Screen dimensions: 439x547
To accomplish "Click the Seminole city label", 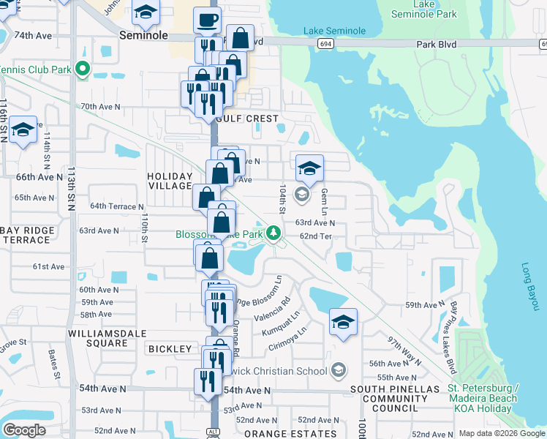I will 144,35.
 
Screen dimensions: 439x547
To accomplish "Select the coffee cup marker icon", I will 207,19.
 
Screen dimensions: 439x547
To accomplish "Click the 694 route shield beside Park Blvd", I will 324,45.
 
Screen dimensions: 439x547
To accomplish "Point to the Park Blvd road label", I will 437,45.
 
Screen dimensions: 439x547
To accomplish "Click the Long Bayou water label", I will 531,288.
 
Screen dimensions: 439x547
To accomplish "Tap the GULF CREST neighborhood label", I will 246,119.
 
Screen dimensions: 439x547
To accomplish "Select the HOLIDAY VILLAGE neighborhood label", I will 170,181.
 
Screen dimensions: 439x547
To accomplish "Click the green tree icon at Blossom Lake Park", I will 273,233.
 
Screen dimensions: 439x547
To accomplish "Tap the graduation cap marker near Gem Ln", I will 309,168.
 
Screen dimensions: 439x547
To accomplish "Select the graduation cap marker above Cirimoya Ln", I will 343,321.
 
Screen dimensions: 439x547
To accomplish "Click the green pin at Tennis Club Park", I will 83,71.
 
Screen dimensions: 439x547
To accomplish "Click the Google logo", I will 23,430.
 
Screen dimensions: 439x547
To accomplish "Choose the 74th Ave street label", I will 34,35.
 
